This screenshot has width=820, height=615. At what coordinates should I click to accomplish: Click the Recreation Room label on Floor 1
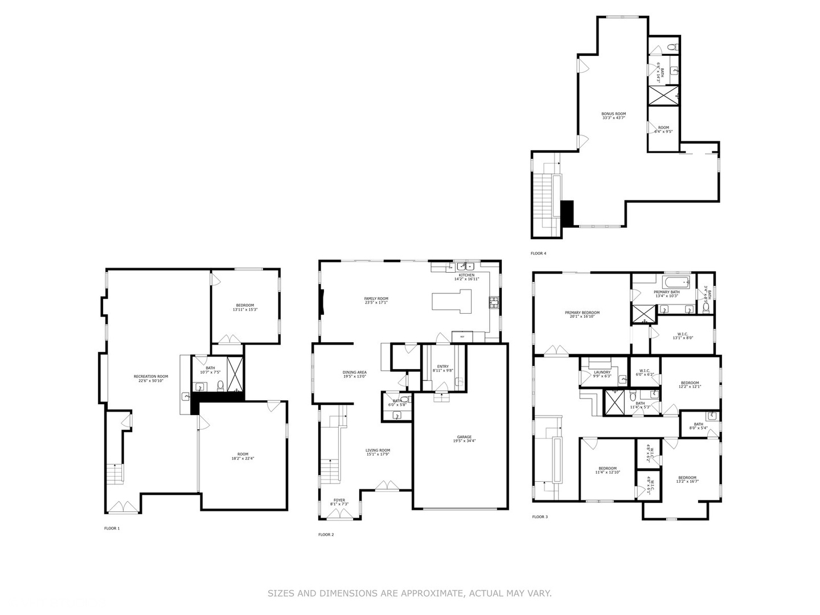pyautogui.click(x=151, y=378)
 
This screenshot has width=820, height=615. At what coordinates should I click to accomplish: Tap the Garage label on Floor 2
pyautogui.click(x=464, y=439)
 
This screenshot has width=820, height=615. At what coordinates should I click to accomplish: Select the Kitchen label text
pyautogui.click(x=466, y=277)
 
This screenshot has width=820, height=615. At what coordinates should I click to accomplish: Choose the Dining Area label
pyautogui.click(x=354, y=374)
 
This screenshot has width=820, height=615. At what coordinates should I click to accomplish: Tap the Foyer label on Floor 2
pyautogui.click(x=339, y=502)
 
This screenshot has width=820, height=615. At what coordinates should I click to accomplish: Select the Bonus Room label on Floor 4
pyautogui.click(x=613, y=116)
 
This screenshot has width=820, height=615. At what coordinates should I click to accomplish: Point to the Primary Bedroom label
pyautogui.click(x=582, y=314)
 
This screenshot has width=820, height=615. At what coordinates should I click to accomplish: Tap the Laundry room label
pyautogui.click(x=602, y=374)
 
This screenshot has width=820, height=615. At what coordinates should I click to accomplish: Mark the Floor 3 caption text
pyautogui.click(x=539, y=517)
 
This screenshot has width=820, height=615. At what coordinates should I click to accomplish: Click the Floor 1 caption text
pyautogui.click(x=112, y=528)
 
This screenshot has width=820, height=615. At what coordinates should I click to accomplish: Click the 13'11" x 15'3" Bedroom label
pyautogui.click(x=245, y=307)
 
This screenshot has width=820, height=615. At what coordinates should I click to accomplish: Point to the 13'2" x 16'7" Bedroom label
pyautogui.click(x=687, y=479)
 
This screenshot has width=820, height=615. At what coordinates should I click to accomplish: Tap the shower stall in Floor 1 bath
pyautogui.click(x=235, y=374)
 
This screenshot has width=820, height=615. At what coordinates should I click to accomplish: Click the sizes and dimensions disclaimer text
pyautogui.click(x=409, y=593)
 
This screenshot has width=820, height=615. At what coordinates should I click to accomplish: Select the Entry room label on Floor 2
pyautogui.click(x=442, y=368)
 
